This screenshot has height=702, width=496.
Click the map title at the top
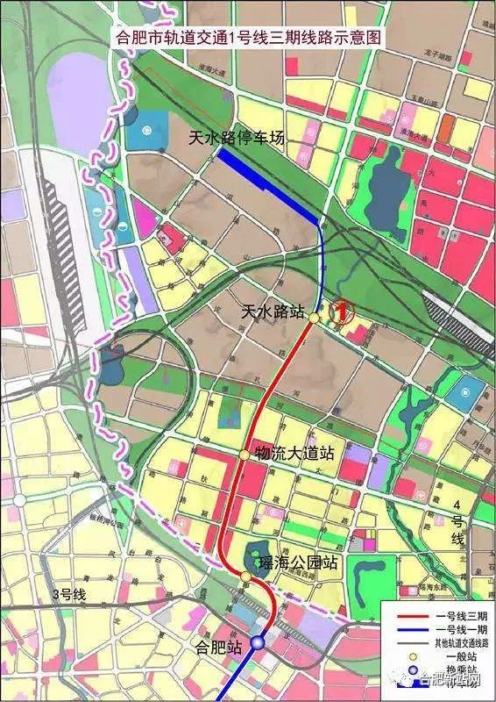[x=247, y=38]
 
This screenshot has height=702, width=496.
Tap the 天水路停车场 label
[x=237, y=139]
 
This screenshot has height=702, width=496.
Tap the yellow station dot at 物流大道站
[x=244, y=454]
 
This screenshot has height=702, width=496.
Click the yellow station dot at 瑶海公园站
[x=244, y=576]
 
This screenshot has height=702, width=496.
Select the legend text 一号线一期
[x=458, y=630]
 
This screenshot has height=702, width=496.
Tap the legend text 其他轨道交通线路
[x=458, y=642]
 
